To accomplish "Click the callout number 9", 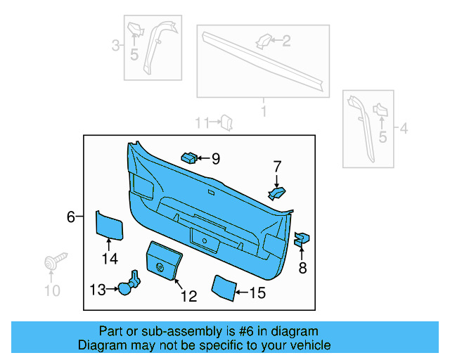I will tap(215, 159).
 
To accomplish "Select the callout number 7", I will tap(277, 167).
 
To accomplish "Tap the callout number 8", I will tap(302, 267).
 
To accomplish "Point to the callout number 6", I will tap(71, 217).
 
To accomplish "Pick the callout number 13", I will tap(97, 288).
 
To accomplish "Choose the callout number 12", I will tap(188, 297).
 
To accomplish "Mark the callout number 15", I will tap(257, 293).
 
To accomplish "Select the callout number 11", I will tap(202, 123).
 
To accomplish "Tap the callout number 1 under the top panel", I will tap(264, 112).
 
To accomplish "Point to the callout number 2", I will tap(285, 41).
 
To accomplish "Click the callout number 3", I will tap(115, 46).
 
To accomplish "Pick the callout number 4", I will tap(404, 129).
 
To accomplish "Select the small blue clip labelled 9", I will tap(188, 156).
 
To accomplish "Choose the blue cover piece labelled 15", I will tap(224, 288).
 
